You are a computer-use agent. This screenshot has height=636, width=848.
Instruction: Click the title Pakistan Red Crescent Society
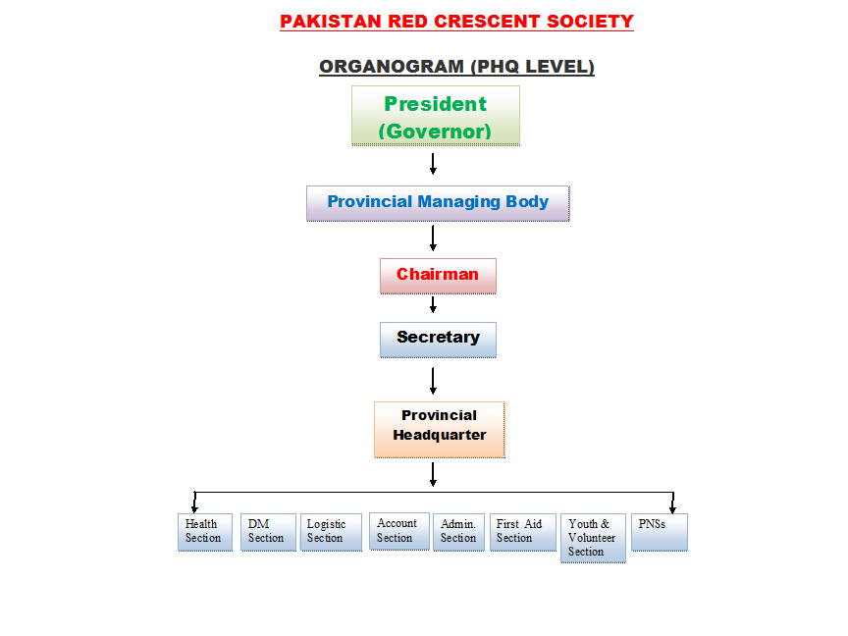pyautogui.click(x=456, y=22)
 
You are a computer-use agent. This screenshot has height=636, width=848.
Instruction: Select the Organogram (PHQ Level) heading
pyautogui.click(x=456, y=67)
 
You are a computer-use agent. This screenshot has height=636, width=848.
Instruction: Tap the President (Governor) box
pyautogui.click(x=436, y=116)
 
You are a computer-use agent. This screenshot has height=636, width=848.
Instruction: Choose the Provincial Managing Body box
pyautogui.click(x=438, y=202)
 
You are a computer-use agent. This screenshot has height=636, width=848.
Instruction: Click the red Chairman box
pyautogui.click(x=438, y=275)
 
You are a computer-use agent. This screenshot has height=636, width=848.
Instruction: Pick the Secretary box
pyautogui.click(x=438, y=339)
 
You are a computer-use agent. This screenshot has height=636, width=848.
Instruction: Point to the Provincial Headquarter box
pyautogui.click(x=440, y=428)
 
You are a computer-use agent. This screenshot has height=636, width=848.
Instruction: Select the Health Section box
pyautogui.click(x=205, y=531)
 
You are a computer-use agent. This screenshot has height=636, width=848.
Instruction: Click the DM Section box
pyautogui.click(x=267, y=531)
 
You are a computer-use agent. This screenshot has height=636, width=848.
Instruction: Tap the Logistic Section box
pyautogui.click(x=330, y=531)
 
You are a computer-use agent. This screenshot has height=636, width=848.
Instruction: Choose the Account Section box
pyautogui.click(x=398, y=530)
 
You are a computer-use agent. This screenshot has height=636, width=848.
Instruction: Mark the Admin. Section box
pyautogui.click(x=458, y=531)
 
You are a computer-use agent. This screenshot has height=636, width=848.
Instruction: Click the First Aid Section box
pyautogui.click(x=522, y=531)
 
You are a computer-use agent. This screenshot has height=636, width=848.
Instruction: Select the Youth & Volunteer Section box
pyautogui.click(x=593, y=538)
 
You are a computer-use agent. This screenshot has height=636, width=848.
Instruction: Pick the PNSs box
pyautogui.click(x=659, y=531)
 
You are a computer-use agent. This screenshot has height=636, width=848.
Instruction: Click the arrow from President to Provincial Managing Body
pyautogui.click(x=433, y=164)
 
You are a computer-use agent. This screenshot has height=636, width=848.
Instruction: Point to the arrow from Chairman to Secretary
pyautogui.click(x=433, y=305)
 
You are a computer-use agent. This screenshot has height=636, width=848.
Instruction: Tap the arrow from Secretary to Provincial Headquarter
pyautogui.click(x=433, y=379)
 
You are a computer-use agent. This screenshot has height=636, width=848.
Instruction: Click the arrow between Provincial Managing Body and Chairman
pyautogui.click(x=433, y=238)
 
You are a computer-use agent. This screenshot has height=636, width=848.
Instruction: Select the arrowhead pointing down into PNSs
pyautogui.click(x=672, y=507)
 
